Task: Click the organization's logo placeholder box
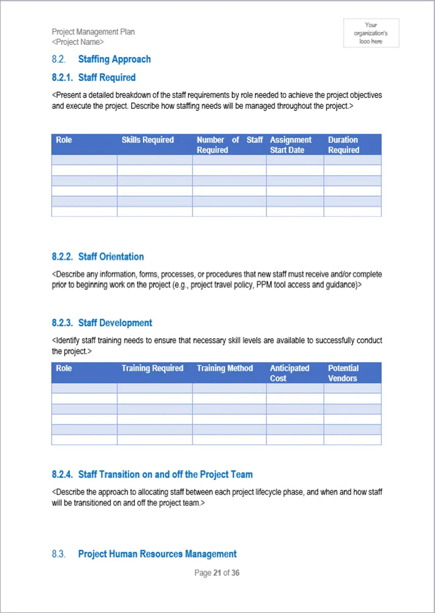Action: (371, 33)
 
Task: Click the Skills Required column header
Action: (147, 140)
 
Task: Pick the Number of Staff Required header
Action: (229, 145)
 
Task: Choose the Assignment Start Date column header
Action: (291, 145)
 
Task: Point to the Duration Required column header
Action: (343, 145)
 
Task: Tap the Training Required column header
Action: (152, 368)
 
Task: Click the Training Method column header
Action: (225, 368)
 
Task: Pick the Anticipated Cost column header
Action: (290, 373)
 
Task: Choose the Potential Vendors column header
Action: (343, 373)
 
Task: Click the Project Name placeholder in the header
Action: (78, 42)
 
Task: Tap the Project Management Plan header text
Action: (93, 32)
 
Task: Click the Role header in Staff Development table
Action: (64, 368)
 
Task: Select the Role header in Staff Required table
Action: (64, 140)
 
